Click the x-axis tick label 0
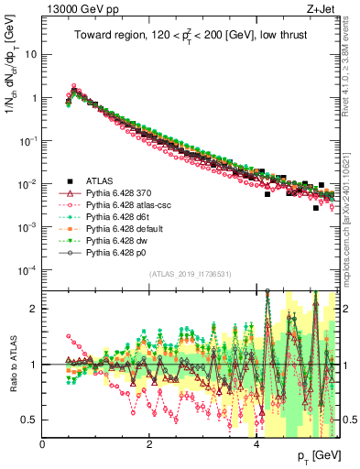pos(43,443)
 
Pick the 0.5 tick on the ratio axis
pos(30,420)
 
